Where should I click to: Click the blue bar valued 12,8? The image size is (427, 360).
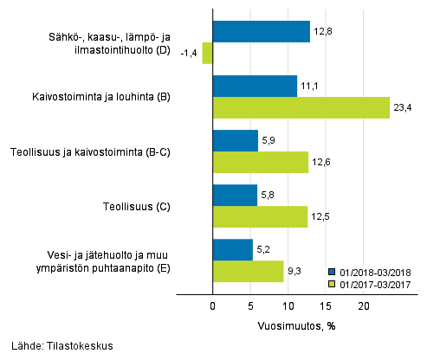click(261, 32)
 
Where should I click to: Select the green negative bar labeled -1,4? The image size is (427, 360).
click(207, 54)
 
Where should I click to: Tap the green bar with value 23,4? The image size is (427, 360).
click(301, 107)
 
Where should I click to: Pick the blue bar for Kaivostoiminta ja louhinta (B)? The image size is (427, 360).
click(255, 86)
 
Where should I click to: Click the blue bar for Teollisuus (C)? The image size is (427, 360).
click(235, 196)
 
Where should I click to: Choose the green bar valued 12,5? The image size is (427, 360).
click(260, 217)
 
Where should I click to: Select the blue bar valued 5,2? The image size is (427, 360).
click(232, 250)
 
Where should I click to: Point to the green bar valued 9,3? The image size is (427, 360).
click(248, 272)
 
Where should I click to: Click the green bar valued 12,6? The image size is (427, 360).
click(260, 163)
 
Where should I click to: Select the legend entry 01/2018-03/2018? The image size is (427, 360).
click(376, 270)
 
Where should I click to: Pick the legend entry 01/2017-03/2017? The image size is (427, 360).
click(376, 283)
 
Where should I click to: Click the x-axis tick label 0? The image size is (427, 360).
click(213, 306)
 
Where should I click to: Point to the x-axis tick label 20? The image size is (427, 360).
click(364, 306)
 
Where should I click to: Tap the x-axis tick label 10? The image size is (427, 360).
click(288, 306)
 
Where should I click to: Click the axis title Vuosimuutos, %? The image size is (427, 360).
click(295, 326)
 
